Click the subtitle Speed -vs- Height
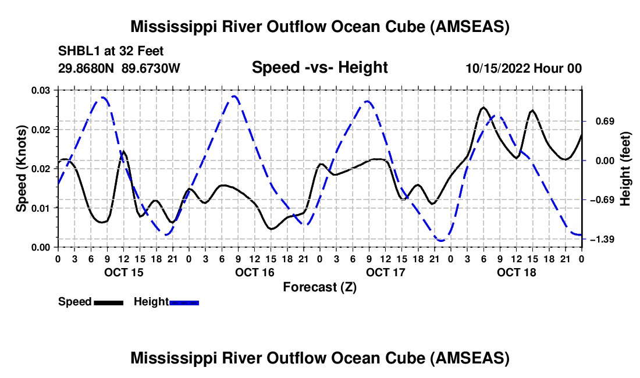319,67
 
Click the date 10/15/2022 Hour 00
523,68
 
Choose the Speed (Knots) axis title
21,169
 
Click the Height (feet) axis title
625,169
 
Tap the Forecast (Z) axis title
319,287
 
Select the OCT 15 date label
123,272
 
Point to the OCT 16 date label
254,272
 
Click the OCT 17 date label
385,272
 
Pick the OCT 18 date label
515,272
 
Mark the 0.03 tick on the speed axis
44,90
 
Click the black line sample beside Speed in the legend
108,302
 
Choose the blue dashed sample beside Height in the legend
184,302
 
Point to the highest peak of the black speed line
483,108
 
